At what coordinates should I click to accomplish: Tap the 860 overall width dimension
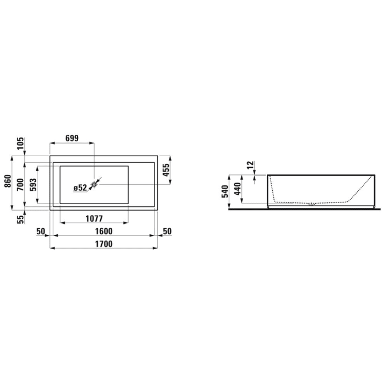pyautogui.click(x=7, y=182)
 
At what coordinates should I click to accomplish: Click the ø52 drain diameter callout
pyautogui.click(x=80, y=188)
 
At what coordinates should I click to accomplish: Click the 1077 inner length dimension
pyautogui.click(x=95, y=218)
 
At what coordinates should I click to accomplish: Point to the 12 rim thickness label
pyautogui.click(x=250, y=164)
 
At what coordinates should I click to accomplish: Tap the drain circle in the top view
pyautogui.click(x=94, y=184)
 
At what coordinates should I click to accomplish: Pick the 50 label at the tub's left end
pyautogui.click(x=40, y=230)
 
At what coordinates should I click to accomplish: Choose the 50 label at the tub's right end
pyautogui.click(x=167, y=230)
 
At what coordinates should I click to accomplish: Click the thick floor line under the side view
pyautogui.click(x=302, y=208)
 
